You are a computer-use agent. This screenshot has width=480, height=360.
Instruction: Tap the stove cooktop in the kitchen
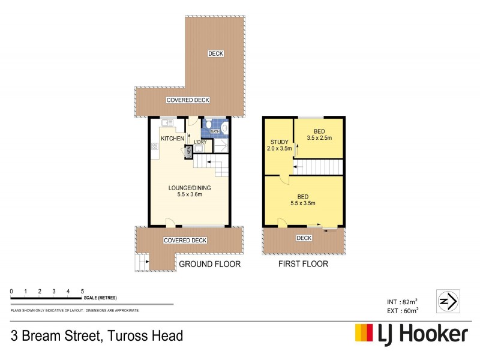click(x=154, y=146)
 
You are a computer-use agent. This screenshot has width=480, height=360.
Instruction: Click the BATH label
click(x=214, y=131)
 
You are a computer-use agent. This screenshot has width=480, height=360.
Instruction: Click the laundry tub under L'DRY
click(x=199, y=150)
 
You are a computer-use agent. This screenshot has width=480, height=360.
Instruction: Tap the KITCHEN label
click(x=172, y=139)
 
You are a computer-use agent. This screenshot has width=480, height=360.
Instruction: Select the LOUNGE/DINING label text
click(x=189, y=187)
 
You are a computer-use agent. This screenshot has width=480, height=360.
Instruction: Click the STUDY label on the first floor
click(x=278, y=142)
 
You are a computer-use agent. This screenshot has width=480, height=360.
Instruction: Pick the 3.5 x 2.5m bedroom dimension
click(x=319, y=138)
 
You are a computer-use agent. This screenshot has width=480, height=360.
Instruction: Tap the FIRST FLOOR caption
click(x=303, y=264)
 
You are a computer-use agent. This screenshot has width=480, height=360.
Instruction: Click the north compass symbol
click(x=448, y=300)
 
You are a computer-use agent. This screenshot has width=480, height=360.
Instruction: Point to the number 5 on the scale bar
click(x=82, y=291)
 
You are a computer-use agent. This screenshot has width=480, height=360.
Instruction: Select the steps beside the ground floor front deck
click(x=142, y=262)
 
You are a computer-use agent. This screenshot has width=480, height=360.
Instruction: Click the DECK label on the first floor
click(x=304, y=238)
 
